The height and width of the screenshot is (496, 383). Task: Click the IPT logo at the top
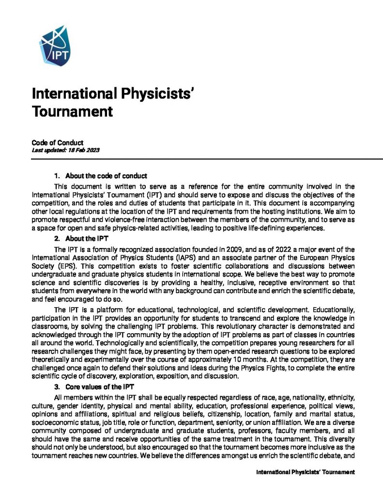pos(54,46)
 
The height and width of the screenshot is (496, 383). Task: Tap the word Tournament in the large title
pos(72,112)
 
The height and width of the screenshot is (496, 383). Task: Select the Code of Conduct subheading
pos(58,143)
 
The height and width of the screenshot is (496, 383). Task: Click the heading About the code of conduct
pos(106,176)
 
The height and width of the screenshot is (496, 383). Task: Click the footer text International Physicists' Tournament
pos(305,472)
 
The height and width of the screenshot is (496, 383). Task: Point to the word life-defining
pos(263,229)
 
